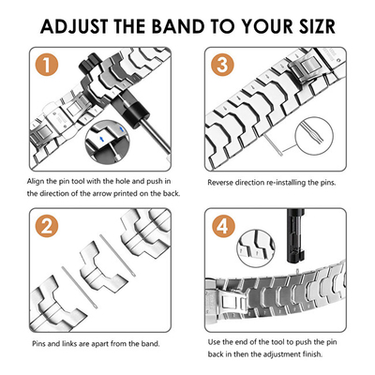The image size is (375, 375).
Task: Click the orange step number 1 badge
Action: coord(47,65)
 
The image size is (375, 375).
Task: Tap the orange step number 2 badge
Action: coord(47,226)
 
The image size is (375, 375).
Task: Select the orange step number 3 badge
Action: coord(222,65)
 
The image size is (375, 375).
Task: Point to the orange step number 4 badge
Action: coord(223,226)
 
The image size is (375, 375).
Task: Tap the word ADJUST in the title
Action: coord(74,26)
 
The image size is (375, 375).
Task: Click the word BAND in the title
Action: coord(178,26)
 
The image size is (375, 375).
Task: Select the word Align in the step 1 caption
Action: coord(36,181)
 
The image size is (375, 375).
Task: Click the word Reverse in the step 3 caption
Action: coord(220,182)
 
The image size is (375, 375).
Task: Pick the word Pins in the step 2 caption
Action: coord(39,344)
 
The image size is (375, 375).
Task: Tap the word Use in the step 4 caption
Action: coord(214,342)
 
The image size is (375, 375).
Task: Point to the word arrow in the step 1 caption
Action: coord(102,194)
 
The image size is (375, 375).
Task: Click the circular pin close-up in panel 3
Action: coord(314,136)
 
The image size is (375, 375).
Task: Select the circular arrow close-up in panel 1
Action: coord(107,142)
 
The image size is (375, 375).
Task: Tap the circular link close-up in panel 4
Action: coord(256,248)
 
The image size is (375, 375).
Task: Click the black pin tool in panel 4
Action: coord(294,236)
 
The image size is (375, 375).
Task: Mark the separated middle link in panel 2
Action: coord(103,266)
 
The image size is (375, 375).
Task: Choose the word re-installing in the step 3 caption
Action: coord(286,183)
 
